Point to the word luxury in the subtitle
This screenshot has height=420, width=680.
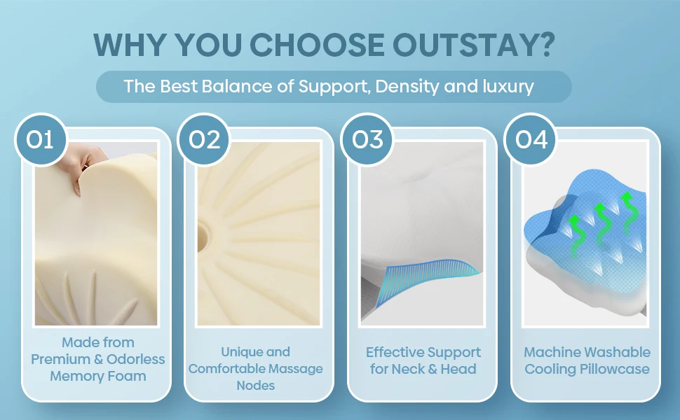coord(508,86)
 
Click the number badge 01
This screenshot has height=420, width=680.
coord(41,139)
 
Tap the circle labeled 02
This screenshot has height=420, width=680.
coord(204,139)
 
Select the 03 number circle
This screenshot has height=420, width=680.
coord(367,139)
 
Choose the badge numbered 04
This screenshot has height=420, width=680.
coord(531,139)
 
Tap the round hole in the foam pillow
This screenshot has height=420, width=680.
coord(203,238)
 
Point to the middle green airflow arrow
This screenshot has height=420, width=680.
coord(603,225)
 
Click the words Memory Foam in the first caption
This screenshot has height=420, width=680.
coord(98,376)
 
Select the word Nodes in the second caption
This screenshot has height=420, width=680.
coord(255,386)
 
